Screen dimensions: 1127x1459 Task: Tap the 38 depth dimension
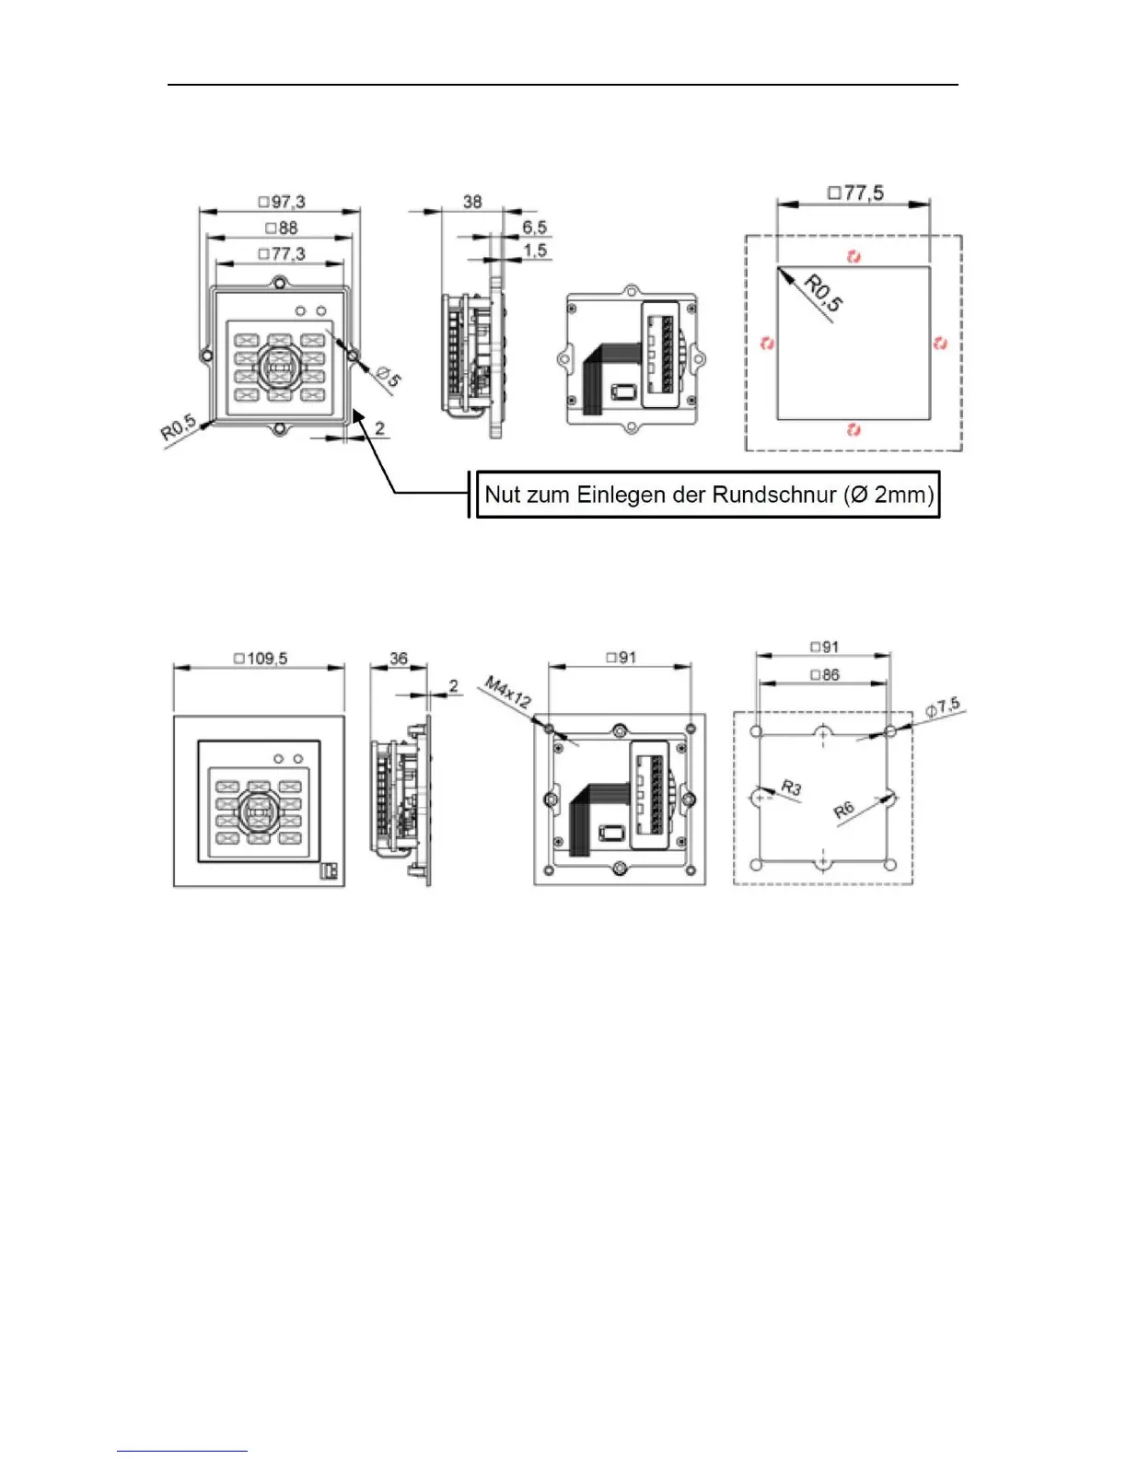click(472, 202)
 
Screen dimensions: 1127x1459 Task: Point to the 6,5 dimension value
click(534, 227)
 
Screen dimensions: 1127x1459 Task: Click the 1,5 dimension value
click(535, 251)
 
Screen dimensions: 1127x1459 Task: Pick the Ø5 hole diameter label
click(389, 376)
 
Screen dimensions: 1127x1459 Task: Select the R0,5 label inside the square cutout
click(822, 293)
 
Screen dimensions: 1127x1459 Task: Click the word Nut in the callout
click(502, 495)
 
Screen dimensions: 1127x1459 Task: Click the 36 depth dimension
click(399, 659)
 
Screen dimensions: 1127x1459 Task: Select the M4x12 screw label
click(508, 692)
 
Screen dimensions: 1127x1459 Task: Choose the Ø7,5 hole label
click(943, 707)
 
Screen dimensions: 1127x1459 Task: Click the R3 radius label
click(791, 788)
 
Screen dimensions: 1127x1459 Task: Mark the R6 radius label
click(843, 811)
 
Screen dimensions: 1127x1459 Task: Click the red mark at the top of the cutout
click(854, 256)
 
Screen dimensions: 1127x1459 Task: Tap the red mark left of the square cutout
click(767, 344)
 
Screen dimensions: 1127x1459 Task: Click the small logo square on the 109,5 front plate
click(328, 870)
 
